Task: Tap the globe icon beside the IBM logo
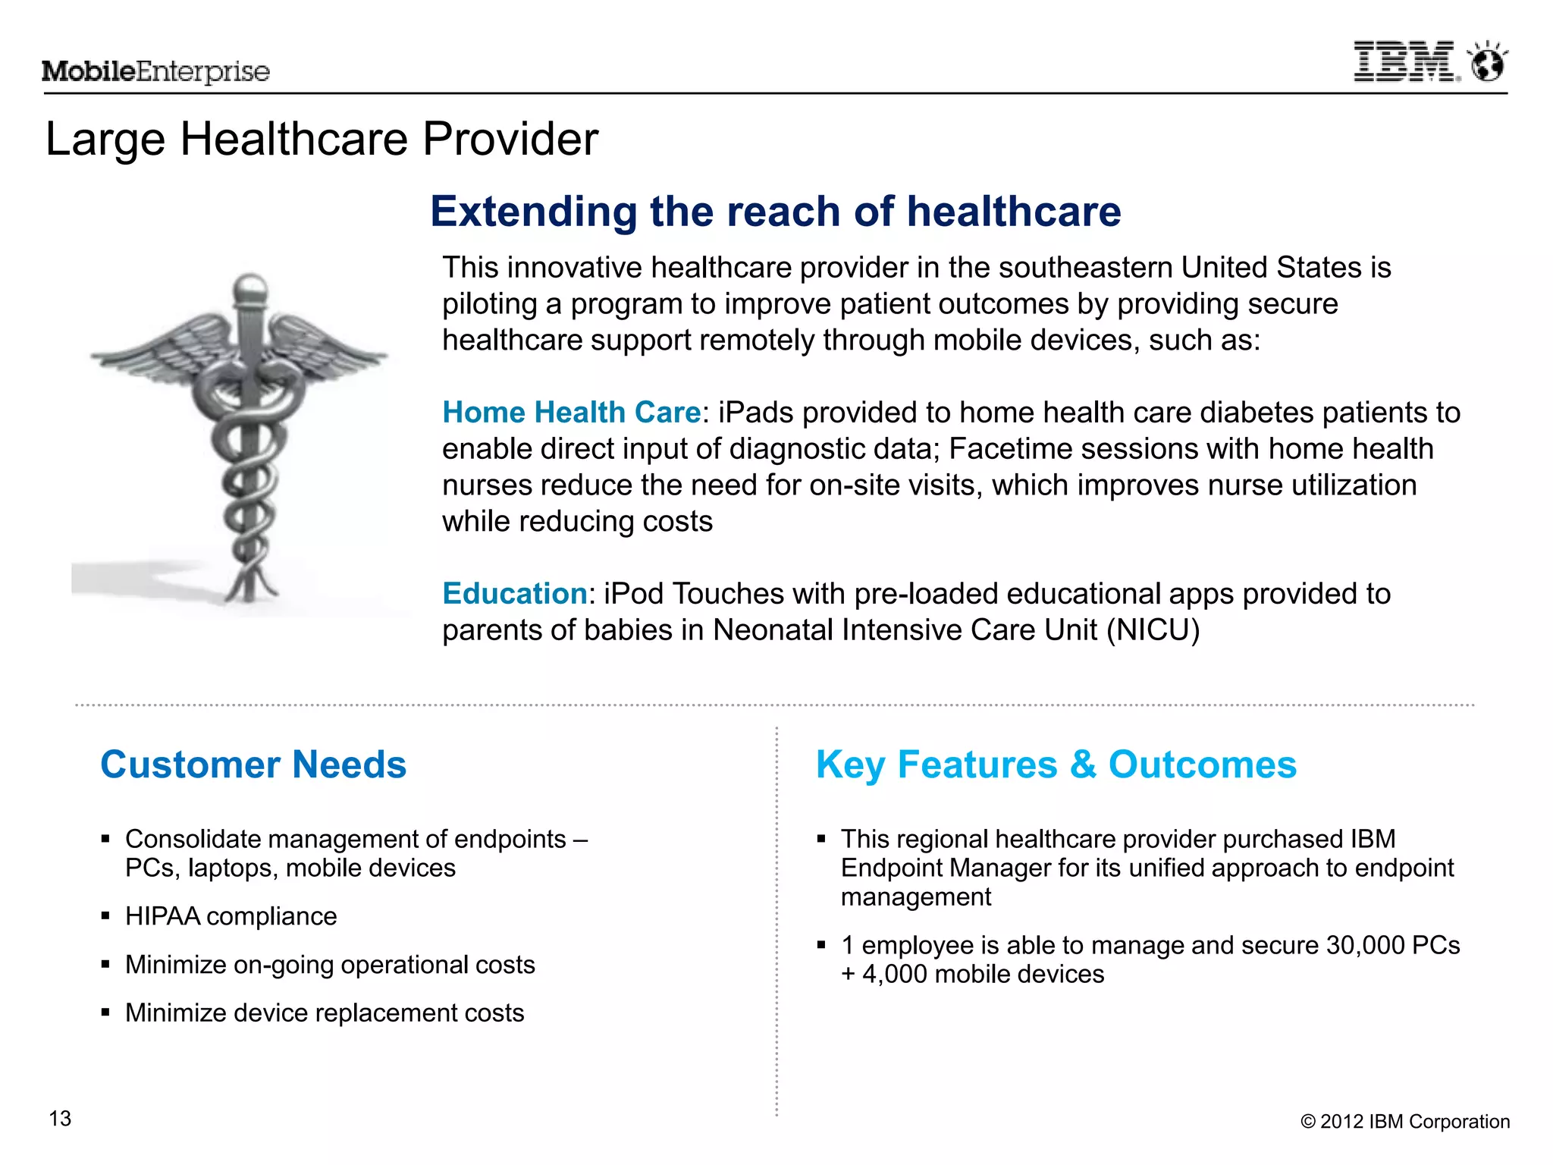[x=1488, y=63]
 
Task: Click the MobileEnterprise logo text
[x=155, y=71]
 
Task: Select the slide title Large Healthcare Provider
[x=322, y=140]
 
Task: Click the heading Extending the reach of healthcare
[x=775, y=212]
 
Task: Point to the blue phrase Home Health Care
[x=571, y=413]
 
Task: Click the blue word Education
[x=514, y=594]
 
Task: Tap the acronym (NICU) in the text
[x=1153, y=630]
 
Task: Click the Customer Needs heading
[x=253, y=765]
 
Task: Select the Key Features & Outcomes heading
[x=1056, y=765]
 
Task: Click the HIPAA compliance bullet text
[x=231, y=916]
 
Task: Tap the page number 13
[x=60, y=1119]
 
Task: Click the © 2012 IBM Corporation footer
[x=1404, y=1122]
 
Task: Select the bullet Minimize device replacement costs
[x=325, y=1013]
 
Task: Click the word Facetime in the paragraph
[x=996, y=449]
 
